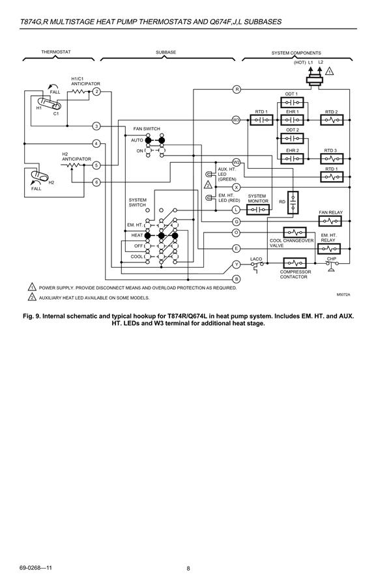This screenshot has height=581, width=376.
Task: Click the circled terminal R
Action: tap(237, 89)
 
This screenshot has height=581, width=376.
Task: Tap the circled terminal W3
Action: tap(236, 120)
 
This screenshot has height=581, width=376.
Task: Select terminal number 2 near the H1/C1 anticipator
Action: tap(96, 92)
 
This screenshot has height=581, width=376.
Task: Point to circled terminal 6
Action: tap(96, 182)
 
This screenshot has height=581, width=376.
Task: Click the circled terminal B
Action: tap(237, 279)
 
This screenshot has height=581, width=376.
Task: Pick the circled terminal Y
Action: tap(237, 264)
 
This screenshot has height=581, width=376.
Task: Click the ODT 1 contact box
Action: tap(292, 102)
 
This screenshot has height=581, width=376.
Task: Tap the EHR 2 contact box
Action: tap(292, 158)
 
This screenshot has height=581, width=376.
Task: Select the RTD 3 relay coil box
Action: tap(332, 158)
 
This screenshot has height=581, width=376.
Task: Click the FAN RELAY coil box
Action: tap(330, 221)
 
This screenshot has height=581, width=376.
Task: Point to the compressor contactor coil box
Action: tap(295, 263)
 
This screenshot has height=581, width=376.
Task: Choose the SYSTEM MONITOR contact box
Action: tap(258, 210)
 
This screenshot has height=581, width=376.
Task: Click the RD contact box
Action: tap(293, 203)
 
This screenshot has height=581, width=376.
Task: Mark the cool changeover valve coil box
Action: tap(295, 233)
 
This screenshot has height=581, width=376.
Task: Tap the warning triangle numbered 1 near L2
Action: tap(329, 71)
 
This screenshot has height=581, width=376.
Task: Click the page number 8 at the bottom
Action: tap(188, 569)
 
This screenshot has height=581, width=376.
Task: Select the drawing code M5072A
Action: tap(343, 294)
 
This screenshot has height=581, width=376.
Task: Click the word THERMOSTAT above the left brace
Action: tap(56, 52)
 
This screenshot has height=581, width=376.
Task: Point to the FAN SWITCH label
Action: tap(147, 128)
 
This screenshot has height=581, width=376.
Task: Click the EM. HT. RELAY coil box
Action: tap(329, 249)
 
